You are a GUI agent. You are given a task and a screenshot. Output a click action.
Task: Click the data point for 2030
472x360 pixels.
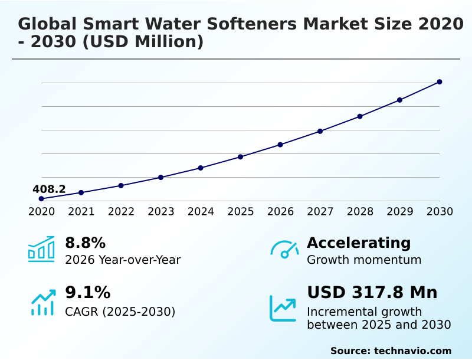click(440, 82)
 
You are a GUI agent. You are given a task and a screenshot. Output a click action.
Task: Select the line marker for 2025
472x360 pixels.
click(241, 157)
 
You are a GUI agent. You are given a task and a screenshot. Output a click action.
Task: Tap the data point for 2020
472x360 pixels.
click(41, 199)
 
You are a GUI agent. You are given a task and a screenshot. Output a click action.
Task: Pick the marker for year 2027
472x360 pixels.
click(320, 131)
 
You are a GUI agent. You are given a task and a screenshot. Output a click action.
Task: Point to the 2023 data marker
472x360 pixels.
click(161, 177)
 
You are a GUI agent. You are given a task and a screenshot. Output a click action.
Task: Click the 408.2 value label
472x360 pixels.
click(49, 189)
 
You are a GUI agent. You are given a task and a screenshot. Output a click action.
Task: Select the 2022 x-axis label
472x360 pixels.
click(121, 212)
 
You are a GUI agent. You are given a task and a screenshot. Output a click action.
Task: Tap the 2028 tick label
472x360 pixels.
click(360, 212)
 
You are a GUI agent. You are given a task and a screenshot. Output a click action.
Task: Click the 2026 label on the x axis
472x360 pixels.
click(280, 212)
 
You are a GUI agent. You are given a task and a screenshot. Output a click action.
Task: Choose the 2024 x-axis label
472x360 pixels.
click(201, 212)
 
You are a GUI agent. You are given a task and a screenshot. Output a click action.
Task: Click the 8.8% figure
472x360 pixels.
click(85, 243)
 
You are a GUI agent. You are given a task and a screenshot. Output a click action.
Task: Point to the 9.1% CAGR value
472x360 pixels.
click(87, 293)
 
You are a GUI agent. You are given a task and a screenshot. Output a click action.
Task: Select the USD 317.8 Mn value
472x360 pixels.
click(372, 293)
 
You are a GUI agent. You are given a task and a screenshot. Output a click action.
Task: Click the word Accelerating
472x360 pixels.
click(359, 243)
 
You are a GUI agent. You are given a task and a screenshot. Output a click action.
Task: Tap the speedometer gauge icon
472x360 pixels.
click(284, 250)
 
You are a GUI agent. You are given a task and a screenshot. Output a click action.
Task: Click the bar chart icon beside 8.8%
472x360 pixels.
click(41, 249)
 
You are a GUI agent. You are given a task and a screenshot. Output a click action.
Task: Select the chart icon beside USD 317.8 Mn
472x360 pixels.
click(283, 308)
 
